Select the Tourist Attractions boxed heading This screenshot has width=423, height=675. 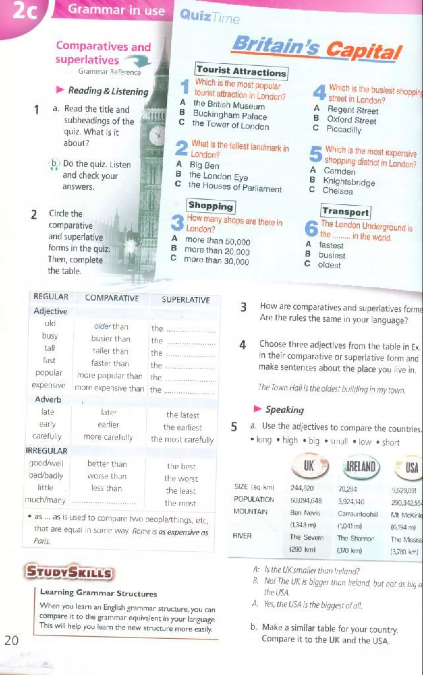click(x=241, y=71)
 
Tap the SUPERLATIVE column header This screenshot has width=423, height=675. click(x=185, y=300)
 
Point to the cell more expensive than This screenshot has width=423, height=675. click(x=109, y=388)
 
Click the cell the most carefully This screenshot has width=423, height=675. click(x=182, y=439)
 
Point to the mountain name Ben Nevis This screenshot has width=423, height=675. click(x=305, y=513)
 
